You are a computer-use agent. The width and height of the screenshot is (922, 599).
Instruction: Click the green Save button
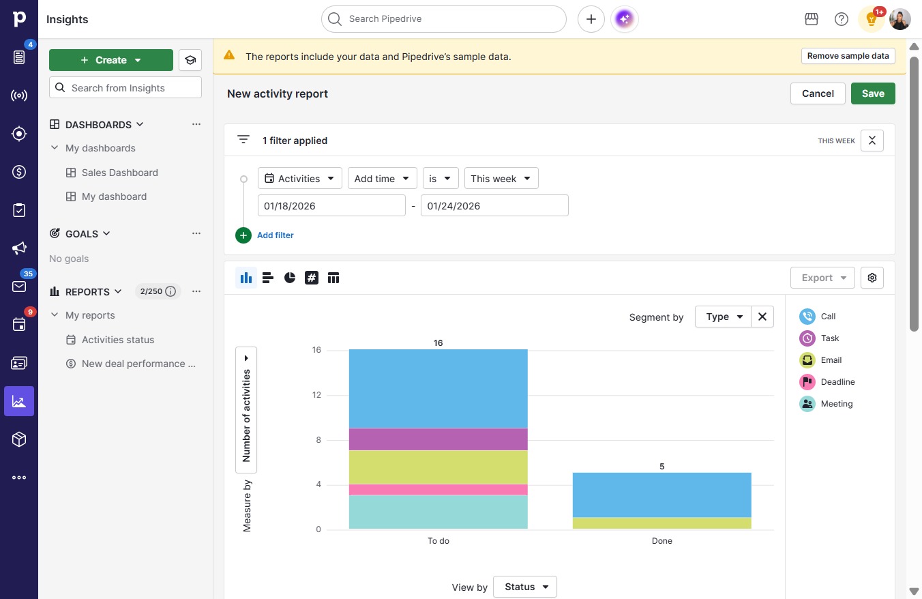tap(873, 93)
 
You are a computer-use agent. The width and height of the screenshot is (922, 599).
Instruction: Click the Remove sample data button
tap(848, 56)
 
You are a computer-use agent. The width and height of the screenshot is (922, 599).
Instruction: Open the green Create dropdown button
tap(110, 60)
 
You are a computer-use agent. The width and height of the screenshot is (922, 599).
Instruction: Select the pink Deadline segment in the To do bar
tap(438, 489)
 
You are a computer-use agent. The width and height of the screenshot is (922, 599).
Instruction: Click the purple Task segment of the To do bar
tap(438, 439)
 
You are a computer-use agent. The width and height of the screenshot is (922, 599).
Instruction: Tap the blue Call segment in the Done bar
tap(661, 495)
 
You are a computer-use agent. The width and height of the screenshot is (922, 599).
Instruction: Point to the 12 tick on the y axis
tap(316, 395)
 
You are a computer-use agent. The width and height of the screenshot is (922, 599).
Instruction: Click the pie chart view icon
tap(290, 278)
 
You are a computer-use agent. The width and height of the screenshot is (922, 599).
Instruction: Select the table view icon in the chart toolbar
tap(333, 278)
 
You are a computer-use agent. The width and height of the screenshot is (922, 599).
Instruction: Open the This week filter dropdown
tap(501, 179)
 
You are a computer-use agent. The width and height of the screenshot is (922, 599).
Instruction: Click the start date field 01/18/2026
tap(331, 206)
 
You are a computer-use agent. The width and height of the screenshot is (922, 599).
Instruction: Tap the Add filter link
tap(275, 235)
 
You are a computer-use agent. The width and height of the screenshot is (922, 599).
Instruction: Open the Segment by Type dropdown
tap(723, 317)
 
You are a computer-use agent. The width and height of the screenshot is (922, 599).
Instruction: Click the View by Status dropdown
tap(525, 587)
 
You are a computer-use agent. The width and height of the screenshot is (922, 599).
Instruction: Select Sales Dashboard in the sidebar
tap(119, 173)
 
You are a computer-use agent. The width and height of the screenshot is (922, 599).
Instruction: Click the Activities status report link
tap(118, 340)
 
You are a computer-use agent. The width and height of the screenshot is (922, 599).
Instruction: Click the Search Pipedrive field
tap(443, 19)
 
